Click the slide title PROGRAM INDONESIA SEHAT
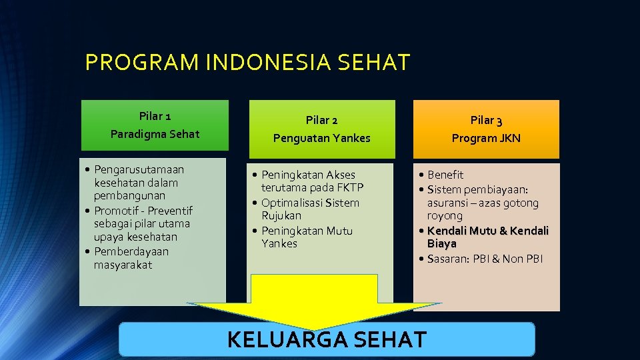pos(247,63)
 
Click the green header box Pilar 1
pos(155,125)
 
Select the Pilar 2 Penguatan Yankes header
pos(321,129)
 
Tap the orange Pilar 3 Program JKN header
pos(486,129)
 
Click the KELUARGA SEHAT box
pos(327,339)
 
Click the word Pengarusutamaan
pos(139,169)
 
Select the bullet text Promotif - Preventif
pos(143,210)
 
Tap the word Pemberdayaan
pos(131,251)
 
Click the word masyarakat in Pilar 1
pos(123,265)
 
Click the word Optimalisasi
pos(291,203)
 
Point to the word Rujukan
pos(281,216)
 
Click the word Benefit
pos(445,175)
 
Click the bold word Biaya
pos(441,244)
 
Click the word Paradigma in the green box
pos(135,134)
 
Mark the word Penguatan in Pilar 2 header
pos(299,139)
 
